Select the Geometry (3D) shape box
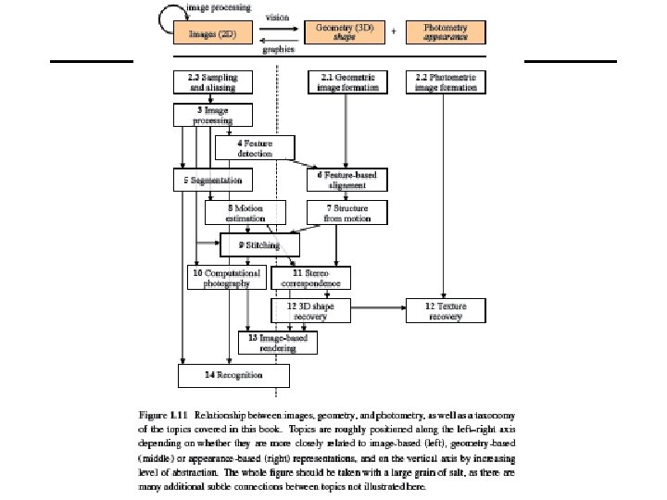click(345, 31)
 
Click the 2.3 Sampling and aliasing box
click(211, 82)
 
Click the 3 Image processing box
click(211, 115)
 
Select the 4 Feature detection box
click(254, 147)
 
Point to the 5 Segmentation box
click(211, 180)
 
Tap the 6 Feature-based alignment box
click(346, 180)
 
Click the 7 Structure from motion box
click(346, 213)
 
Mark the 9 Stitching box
click(260, 245)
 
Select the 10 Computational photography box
click(227, 278)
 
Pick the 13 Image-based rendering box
click(278, 343)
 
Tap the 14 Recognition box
click(233, 375)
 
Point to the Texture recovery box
click(446, 310)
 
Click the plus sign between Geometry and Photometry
click(395, 31)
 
